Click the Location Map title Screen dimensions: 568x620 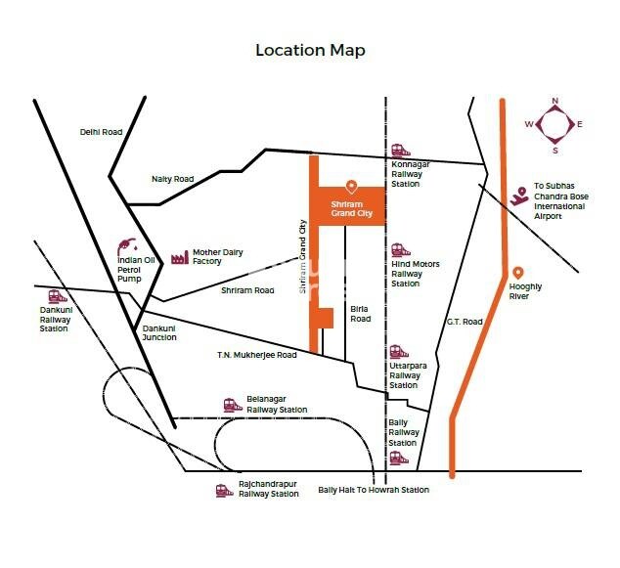pyautogui.click(x=310, y=50)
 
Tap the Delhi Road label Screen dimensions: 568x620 pyautogui.click(x=101, y=132)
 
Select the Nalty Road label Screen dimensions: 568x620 pyautogui.click(x=172, y=179)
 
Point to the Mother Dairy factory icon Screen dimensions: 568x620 pyautogui.click(x=179, y=257)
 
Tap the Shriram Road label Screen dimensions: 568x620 pyautogui.click(x=247, y=290)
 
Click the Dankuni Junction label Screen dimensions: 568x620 pyautogui.click(x=159, y=332)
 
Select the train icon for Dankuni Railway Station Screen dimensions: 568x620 pyautogui.click(x=57, y=296)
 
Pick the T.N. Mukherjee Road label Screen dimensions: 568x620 pyautogui.click(x=257, y=356)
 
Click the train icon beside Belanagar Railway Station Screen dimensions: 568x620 pyautogui.click(x=231, y=403)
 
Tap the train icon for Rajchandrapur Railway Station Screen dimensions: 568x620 pyautogui.click(x=223, y=489)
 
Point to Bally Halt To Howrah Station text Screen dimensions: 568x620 pyautogui.click(x=374, y=490)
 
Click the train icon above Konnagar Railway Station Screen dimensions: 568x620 pyautogui.click(x=399, y=151)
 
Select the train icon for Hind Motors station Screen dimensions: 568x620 pyautogui.click(x=399, y=250)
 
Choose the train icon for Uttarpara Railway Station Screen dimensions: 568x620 pyautogui.click(x=399, y=351)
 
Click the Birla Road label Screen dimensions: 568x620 pyautogui.click(x=361, y=314)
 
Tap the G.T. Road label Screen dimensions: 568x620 pyautogui.click(x=465, y=322)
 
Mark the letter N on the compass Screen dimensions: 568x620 pyautogui.click(x=554, y=101)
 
